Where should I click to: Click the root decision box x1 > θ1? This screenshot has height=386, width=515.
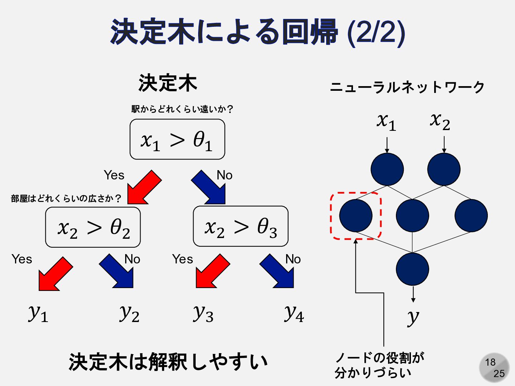pyautogui.click(x=177, y=139)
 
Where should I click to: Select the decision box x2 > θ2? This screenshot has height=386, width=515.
pyautogui.click(x=93, y=227)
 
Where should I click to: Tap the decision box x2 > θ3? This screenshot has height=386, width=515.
pyautogui.click(x=240, y=227)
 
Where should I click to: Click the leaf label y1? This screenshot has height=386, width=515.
pyautogui.click(x=38, y=313)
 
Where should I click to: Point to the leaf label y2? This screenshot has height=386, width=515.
pyautogui.click(x=129, y=313)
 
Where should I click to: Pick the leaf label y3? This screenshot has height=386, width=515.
pyautogui.click(x=203, y=313)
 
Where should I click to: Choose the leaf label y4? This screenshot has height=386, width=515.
pyautogui.click(x=294, y=313)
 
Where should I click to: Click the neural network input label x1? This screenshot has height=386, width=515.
pyautogui.click(x=386, y=122)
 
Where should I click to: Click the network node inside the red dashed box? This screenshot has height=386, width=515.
pyautogui.click(x=356, y=216)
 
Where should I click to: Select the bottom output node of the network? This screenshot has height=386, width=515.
pyautogui.click(x=412, y=269)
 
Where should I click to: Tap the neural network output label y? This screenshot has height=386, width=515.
pyautogui.click(x=413, y=317)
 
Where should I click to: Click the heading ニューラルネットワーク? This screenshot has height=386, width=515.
pyautogui.click(x=407, y=87)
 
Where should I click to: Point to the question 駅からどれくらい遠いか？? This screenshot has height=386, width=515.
pyautogui.click(x=182, y=109)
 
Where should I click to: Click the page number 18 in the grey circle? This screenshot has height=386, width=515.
pyautogui.click(x=490, y=362)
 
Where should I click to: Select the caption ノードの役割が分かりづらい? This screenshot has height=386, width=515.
pyautogui.click(x=379, y=365)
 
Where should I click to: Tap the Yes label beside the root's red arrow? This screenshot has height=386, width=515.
pyautogui.click(x=114, y=175)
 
